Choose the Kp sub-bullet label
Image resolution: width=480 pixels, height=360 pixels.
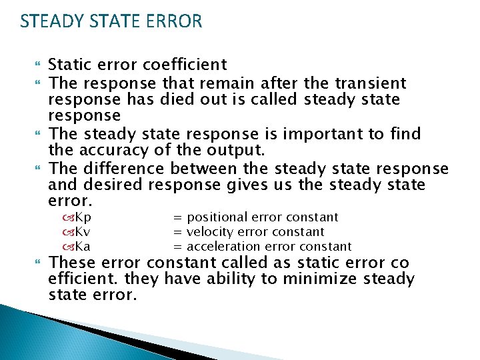pos(83,217)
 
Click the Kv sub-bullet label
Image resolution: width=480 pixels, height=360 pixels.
pos(83,232)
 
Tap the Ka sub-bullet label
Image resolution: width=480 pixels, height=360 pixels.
pos(83,247)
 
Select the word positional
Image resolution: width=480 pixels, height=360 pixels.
pos(215,217)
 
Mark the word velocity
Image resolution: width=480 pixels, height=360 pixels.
pos(211,232)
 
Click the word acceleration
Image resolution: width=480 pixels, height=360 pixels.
pos(224,247)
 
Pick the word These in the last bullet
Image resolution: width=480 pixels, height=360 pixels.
pos(72,263)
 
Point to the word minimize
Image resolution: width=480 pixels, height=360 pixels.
pos(323,279)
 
